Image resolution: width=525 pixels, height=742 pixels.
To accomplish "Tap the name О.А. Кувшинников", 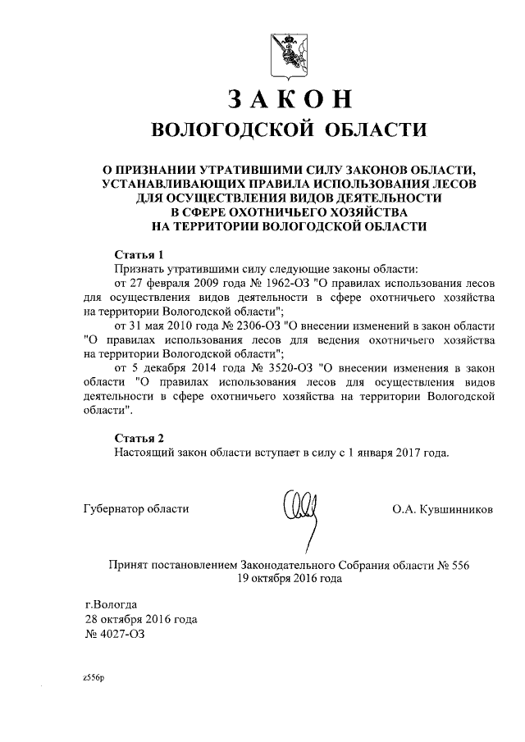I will point(443,509).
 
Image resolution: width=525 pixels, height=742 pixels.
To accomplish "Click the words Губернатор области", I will point(136,509).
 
